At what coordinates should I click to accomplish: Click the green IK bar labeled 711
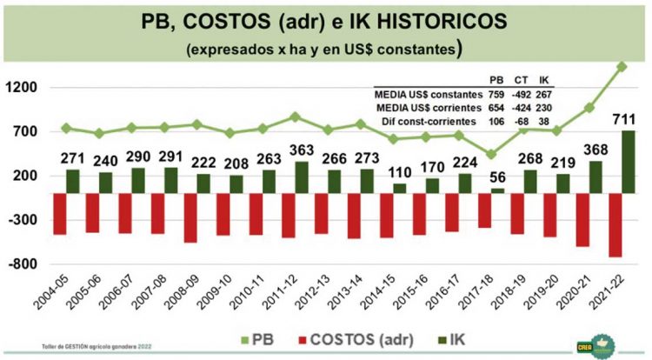point(627,162)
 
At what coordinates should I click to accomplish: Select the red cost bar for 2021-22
point(615,224)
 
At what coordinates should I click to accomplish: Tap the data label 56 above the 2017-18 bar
point(497,175)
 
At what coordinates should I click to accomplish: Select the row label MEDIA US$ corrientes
point(425,107)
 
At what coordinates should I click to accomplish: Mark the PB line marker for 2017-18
point(491,155)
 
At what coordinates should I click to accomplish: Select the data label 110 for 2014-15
point(400,170)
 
